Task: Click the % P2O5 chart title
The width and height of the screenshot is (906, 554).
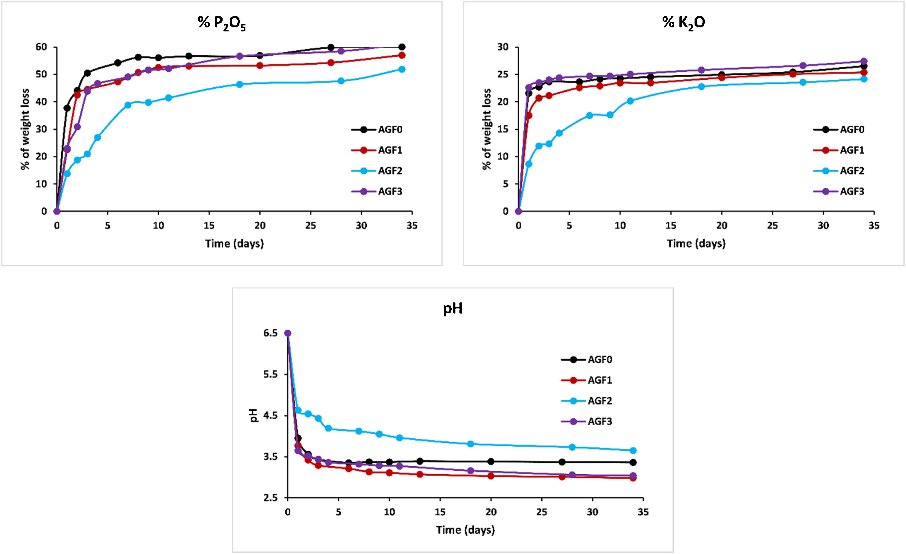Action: coord(222,23)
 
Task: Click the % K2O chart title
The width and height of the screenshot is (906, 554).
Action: coord(683,23)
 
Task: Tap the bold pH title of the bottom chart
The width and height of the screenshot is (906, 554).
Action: coord(453,308)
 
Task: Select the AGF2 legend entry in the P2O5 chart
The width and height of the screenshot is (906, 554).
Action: coord(390,171)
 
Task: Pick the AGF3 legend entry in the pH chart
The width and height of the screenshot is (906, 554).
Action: coord(599,421)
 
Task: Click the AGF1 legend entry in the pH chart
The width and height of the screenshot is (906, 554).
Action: coord(599,380)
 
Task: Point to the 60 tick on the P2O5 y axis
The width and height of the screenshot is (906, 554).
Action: coord(42,47)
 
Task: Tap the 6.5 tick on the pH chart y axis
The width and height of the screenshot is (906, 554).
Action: coord(270,333)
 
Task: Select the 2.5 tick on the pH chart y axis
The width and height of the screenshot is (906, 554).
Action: coord(270,498)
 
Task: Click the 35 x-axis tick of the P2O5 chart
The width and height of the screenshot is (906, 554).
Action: coord(412,226)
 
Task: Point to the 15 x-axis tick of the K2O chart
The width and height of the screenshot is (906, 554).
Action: coord(671,226)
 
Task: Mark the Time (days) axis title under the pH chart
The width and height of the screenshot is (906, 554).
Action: coord(465,530)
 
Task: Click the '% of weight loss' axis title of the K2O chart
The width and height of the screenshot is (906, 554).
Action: coord(487,129)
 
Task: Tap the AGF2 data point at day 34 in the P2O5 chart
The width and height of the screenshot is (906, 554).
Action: coord(402,69)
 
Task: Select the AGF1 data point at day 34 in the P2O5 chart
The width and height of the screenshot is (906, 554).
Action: coord(402,55)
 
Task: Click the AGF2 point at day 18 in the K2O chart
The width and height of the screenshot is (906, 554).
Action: coord(701,87)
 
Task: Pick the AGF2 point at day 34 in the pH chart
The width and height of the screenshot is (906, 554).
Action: coord(633,451)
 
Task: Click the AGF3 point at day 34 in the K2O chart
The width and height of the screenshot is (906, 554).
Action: coord(864,61)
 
